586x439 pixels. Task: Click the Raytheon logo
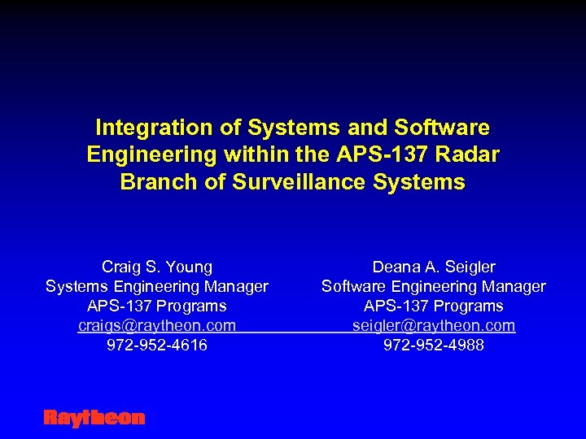(x=94, y=418)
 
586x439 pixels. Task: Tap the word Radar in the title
(x=469, y=154)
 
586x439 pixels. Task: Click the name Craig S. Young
(x=157, y=267)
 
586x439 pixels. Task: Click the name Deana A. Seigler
(x=434, y=267)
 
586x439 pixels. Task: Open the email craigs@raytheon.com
(x=157, y=325)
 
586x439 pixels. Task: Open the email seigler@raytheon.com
(x=434, y=325)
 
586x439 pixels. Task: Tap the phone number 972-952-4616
(x=157, y=346)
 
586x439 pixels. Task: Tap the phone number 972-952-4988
(x=434, y=346)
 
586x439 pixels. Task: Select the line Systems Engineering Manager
(x=157, y=286)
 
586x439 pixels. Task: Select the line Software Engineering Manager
(x=434, y=286)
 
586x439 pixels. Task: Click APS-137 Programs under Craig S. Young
(x=157, y=306)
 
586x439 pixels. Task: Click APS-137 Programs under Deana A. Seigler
(x=434, y=306)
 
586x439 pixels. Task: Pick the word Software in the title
(x=442, y=128)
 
